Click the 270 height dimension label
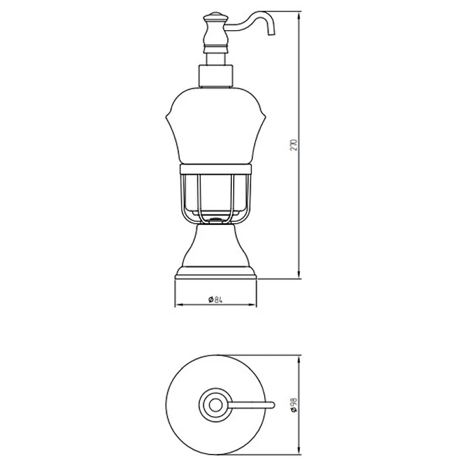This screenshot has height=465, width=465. (x=294, y=145)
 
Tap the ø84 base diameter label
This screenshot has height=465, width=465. (x=215, y=300)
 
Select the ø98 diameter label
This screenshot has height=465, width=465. (x=294, y=405)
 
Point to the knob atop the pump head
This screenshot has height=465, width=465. (x=216, y=16)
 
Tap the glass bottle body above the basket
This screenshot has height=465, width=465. (x=216, y=125)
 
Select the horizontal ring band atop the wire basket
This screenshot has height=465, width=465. (x=216, y=169)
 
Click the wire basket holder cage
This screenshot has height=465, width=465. (x=216, y=199)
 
